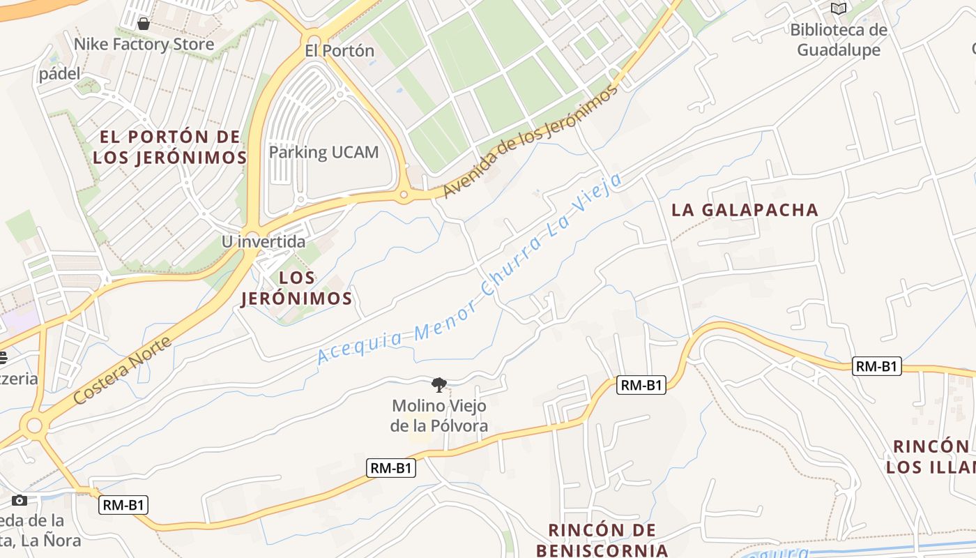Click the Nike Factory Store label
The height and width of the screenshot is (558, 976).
point(144,45)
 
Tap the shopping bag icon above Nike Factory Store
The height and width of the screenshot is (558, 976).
point(144,24)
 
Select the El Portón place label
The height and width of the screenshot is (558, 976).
point(340,51)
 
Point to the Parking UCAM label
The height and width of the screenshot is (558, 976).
point(323,152)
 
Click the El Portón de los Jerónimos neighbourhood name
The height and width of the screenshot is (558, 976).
point(169,147)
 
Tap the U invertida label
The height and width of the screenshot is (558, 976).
point(264,242)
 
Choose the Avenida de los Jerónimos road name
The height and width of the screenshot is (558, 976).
point(531,141)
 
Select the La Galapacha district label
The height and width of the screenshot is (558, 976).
point(745,210)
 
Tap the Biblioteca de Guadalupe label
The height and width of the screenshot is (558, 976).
point(839,40)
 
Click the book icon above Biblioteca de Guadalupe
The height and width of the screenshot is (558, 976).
point(839,9)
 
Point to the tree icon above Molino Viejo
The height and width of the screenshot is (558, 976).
point(439,384)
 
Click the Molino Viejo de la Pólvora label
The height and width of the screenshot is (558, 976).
point(439,415)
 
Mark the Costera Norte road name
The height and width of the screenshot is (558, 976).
point(122,371)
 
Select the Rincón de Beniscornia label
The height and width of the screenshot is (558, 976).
point(602,540)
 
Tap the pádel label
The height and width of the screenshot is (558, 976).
point(60,73)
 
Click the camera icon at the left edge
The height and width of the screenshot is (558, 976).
point(20,500)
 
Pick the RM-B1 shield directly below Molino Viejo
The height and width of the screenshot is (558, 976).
point(391,468)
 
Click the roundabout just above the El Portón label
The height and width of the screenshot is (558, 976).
point(314,40)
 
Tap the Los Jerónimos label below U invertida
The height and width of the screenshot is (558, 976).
point(296,288)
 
